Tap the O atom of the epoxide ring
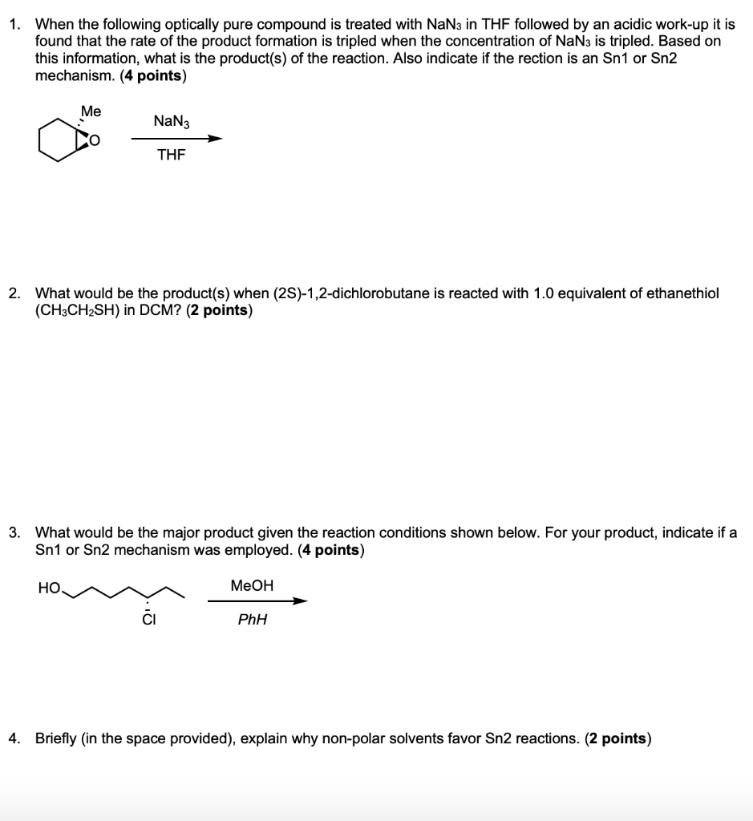coord(94,143)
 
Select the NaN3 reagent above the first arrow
coord(171,121)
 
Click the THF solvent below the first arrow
coord(171,156)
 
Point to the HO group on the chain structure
coord(48,588)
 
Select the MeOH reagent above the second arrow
coord(252,586)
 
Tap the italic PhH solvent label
coord(252,620)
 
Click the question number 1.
coord(14,25)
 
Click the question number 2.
coord(14,293)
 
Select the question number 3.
coord(14,532)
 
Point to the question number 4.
coord(14,738)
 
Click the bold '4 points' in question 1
coord(152,76)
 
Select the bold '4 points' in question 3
coord(330,550)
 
